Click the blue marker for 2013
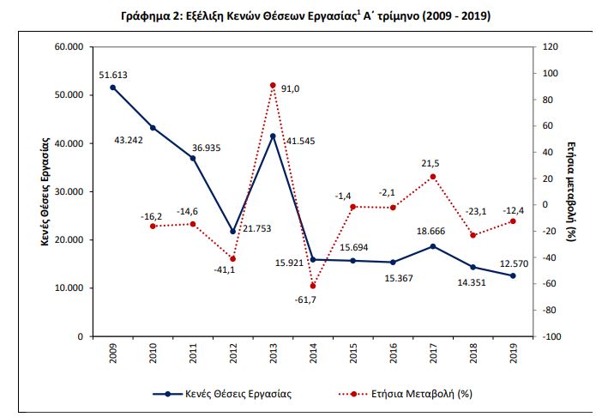(x=273, y=136)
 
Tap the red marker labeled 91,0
(x=273, y=85)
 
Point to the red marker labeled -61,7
(x=313, y=286)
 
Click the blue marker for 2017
(x=433, y=246)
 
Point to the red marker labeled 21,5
(x=433, y=177)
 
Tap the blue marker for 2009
(x=112, y=87)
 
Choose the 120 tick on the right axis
(x=544, y=46)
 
